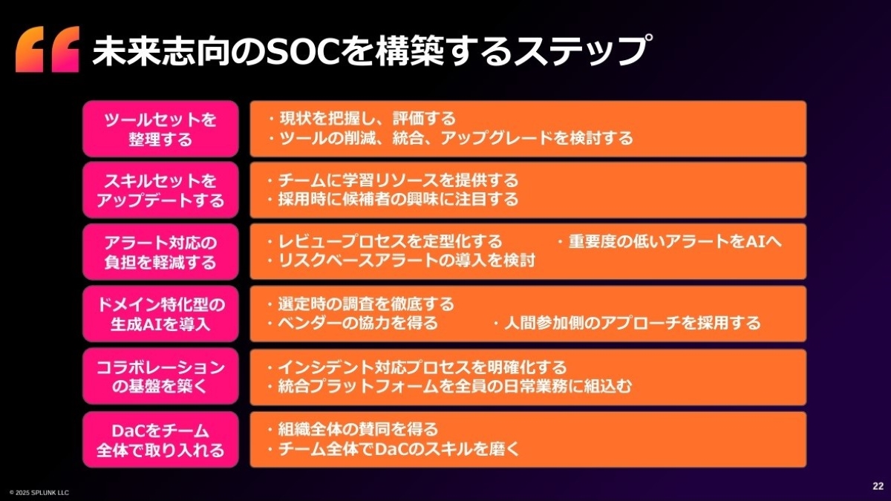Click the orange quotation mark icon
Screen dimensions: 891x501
coord(48,49)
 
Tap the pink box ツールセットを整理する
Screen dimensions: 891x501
coord(160,129)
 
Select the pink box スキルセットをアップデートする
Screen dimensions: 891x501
coord(160,190)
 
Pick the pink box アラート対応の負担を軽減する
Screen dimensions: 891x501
coord(160,252)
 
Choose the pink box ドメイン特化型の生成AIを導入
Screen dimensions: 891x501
coord(160,314)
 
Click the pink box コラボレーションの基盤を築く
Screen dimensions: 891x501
coord(160,376)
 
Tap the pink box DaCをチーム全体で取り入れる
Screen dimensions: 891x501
coord(160,439)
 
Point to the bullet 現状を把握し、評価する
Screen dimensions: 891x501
coord(362,119)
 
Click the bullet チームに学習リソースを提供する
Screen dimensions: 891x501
coord(393,180)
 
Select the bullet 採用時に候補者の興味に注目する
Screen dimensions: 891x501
coord(393,199)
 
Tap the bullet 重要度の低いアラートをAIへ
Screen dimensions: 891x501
coord(670,241)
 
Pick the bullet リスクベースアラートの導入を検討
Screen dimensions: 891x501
coord(402,261)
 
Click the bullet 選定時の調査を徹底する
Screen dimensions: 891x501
coord(361,304)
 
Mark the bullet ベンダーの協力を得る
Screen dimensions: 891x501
coord(353,323)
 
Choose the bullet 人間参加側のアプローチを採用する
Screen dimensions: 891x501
coord(627,323)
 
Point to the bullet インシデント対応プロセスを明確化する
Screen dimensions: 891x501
coord(417,367)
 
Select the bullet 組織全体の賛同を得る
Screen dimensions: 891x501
coord(353,430)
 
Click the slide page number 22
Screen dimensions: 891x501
coord(878,486)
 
